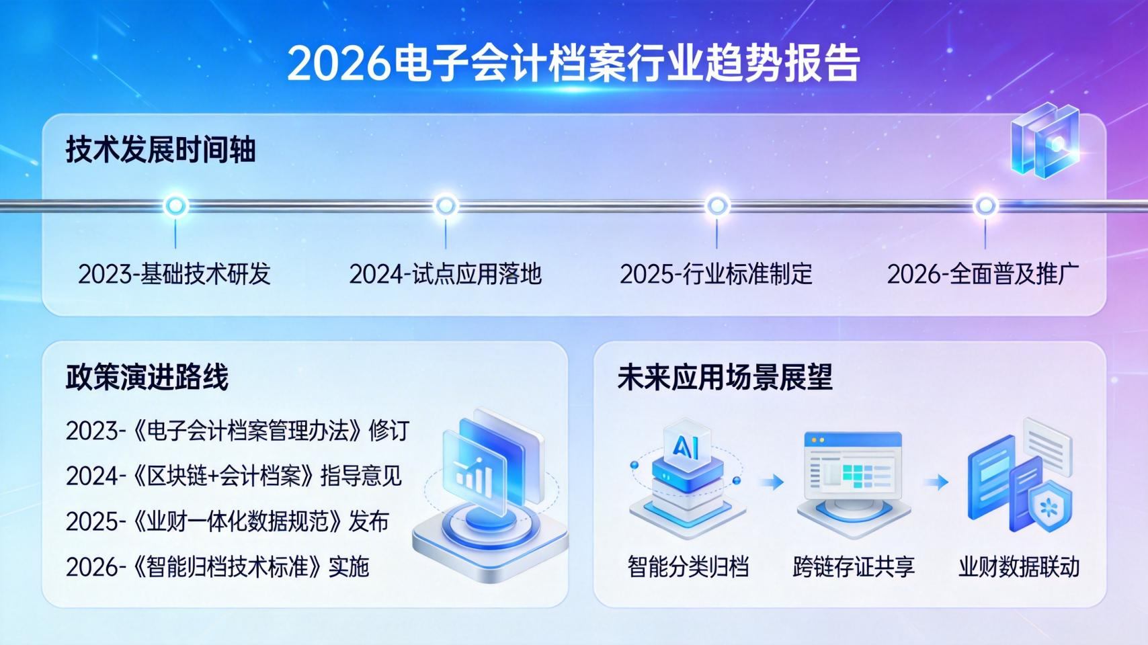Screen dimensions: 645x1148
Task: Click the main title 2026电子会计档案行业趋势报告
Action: point(573,64)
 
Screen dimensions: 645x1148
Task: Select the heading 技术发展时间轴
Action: point(161,149)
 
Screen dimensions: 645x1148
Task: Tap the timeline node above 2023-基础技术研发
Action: point(175,206)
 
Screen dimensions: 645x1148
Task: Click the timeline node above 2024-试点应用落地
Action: point(446,206)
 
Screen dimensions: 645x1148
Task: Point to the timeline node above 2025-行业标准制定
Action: point(717,206)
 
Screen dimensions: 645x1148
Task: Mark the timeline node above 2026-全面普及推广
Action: point(985,206)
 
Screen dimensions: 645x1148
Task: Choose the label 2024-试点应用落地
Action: point(446,274)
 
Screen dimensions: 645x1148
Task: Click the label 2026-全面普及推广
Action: point(983,274)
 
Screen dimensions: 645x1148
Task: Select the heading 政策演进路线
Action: point(147,377)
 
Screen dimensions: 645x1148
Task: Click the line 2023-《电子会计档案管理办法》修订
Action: point(237,431)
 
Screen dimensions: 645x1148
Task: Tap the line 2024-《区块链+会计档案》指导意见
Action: point(234,476)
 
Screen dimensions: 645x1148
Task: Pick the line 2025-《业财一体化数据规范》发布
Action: point(227,521)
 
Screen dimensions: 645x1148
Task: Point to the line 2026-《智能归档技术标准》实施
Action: point(218,567)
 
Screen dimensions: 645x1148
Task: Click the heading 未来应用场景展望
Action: point(725,377)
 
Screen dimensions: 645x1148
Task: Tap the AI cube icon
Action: point(686,445)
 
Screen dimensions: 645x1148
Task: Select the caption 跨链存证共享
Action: point(854,567)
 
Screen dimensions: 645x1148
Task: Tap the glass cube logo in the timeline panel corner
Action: point(1044,141)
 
